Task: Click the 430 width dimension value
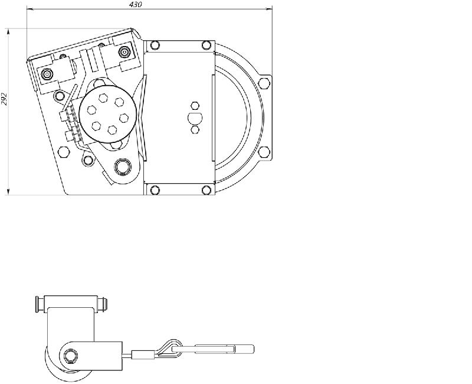pyautogui.click(x=135, y=4)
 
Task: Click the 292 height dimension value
pyautogui.click(x=4, y=97)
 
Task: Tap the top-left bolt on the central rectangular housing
pyautogui.click(x=155, y=45)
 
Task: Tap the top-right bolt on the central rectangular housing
pyautogui.click(x=206, y=45)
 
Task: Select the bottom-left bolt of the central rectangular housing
pyautogui.click(x=155, y=190)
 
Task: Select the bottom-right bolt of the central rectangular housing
pyautogui.click(x=206, y=190)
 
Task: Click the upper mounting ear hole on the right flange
pyautogui.click(x=264, y=82)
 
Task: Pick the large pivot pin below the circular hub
pyautogui.click(x=123, y=167)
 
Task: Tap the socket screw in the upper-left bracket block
pyautogui.click(x=47, y=74)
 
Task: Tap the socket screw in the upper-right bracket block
pyautogui.click(x=124, y=53)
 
